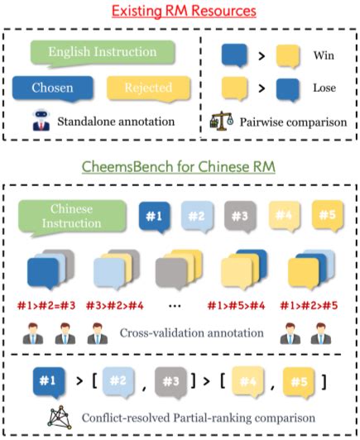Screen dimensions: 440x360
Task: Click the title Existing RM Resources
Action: point(180,11)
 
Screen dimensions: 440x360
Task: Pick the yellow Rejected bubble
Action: point(149,88)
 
